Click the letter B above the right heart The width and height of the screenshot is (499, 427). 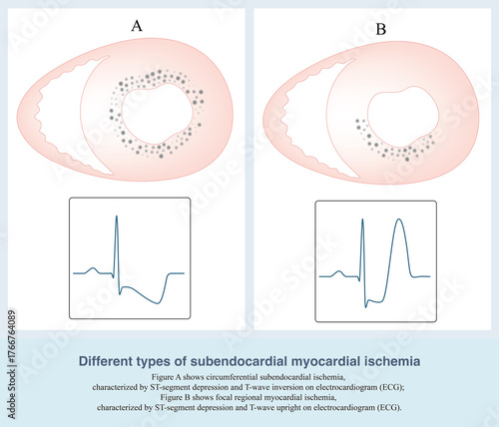pos(380,29)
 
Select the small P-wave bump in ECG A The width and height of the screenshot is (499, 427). pos(93,267)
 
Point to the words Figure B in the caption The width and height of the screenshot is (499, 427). pos(170,398)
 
